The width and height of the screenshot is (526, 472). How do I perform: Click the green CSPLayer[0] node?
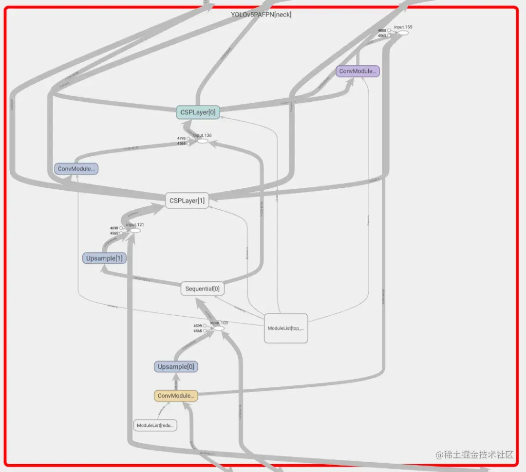198,112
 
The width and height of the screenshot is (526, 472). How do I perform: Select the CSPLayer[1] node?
187,200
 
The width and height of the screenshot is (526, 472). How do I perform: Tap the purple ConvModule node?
357,71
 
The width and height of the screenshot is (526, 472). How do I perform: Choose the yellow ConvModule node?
176,396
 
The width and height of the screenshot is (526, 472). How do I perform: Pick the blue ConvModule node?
76,169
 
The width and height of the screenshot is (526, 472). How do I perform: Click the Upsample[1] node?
104,258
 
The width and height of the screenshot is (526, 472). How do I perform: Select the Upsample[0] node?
176,366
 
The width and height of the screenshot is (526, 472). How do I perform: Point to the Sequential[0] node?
202,289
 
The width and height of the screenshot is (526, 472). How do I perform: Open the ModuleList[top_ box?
286,328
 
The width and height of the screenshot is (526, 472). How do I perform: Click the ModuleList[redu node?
155,425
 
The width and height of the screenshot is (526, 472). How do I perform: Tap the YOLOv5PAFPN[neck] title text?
261,15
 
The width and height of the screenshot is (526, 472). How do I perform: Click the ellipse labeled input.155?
403,33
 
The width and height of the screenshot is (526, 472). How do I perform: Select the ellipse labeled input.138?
202,141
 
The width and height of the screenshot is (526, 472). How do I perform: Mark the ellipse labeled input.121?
135,230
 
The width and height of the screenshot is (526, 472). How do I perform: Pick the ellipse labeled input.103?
219,328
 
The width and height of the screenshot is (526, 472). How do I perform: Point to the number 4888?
382,30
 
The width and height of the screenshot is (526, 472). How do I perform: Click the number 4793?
181,138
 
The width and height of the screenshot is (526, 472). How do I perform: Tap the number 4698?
114,228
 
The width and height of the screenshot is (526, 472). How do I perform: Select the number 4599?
197,326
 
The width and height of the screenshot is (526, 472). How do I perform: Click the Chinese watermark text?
475,455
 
